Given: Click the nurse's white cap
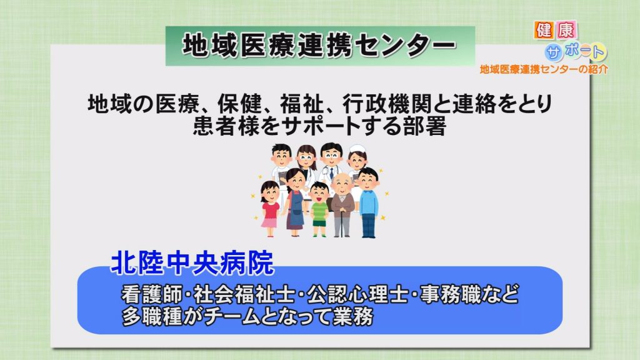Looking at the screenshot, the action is pos(357,149).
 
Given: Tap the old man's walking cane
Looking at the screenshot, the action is pos(341,223).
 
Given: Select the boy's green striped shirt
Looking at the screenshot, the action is pos(319,211).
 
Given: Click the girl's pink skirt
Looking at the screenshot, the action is pos(269,223).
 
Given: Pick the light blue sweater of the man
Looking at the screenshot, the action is pos(369,201).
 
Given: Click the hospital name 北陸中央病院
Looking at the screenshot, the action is pos(192,262).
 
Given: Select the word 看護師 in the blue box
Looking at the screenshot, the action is pos(151,294).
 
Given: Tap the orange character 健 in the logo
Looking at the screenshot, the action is pos(544,30).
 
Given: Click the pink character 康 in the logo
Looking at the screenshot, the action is pos(566,30).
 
